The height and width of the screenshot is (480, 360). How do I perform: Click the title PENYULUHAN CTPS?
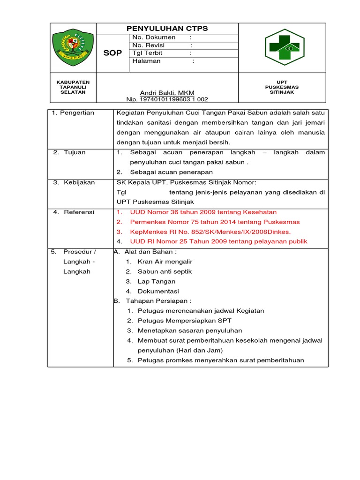pos(167,29)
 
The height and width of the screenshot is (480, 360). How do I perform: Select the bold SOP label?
pos(112,53)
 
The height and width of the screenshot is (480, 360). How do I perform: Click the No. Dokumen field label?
pos(154,37)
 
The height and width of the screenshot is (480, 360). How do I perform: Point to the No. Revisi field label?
pos(149,45)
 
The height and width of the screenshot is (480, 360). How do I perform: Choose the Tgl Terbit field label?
pos(148,53)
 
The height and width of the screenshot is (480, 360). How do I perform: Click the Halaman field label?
pos(146,61)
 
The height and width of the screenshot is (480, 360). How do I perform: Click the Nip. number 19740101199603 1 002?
pos(167,99)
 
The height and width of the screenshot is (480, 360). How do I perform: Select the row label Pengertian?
pos(76,112)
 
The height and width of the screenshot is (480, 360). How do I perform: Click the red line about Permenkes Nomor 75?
pos(215,222)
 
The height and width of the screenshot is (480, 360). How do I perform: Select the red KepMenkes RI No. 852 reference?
pos(210,232)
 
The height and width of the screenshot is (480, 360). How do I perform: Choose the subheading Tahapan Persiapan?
pos(158,301)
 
